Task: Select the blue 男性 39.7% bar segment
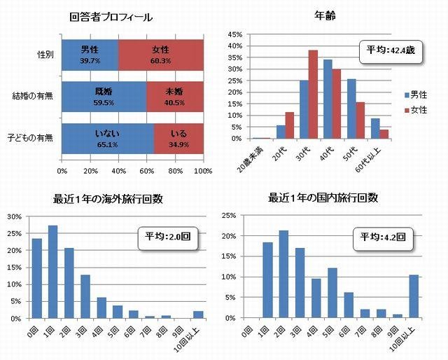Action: pyautogui.click(x=90, y=54)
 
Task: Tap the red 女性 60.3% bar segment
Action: pyautogui.click(x=160, y=54)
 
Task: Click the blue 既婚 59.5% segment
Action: pyautogui.click(x=104, y=95)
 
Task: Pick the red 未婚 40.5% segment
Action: pyautogui.click(x=174, y=95)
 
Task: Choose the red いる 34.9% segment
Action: pyautogui.click(x=178, y=137)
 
